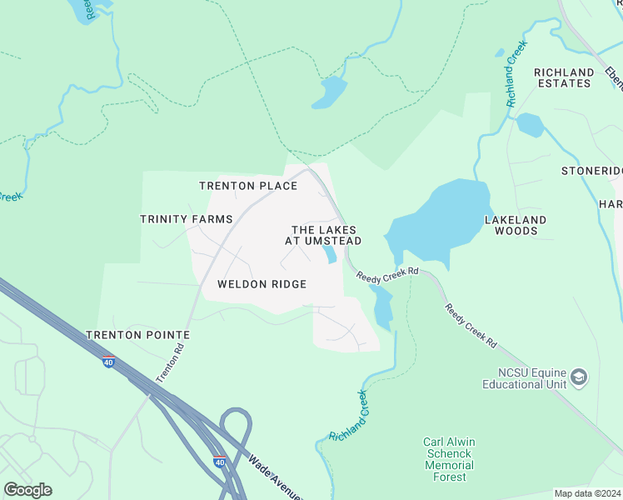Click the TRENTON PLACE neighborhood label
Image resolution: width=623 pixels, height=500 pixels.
(x=248, y=186)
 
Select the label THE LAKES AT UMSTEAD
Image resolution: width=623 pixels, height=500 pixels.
(x=323, y=235)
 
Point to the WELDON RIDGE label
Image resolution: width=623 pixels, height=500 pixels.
(x=262, y=284)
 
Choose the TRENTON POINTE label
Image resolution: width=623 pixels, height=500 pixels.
(x=137, y=335)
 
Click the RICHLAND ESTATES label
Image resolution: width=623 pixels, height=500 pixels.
(x=564, y=77)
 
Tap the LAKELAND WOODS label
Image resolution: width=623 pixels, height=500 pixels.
(x=516, y=225)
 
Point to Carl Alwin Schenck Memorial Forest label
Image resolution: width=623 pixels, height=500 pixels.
(x=448, y=459)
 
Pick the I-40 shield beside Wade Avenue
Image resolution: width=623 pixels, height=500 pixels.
(x=219, y=462)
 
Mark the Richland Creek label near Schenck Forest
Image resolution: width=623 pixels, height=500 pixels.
(x=348, y=417)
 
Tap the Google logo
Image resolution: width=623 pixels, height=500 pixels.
(x=27, y=490)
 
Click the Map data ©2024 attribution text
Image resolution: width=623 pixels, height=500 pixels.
(x=587, y=493)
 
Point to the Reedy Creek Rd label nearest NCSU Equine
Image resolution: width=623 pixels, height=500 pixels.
(x=471, y=325)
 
